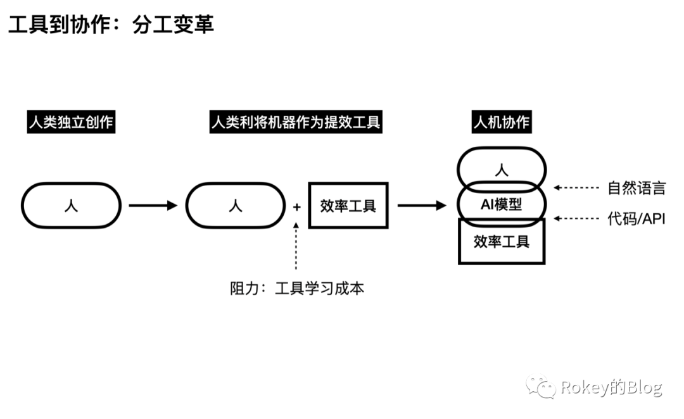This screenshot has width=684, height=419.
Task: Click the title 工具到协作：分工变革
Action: click(x=111, y=24)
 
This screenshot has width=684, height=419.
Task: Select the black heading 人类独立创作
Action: click(x=71, y=122)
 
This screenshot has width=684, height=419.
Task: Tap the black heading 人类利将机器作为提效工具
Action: click(x=295, y=122)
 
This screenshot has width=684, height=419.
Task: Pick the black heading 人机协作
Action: click(x=502, y=122)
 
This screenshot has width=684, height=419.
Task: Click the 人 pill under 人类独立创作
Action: click(x=71, y=206)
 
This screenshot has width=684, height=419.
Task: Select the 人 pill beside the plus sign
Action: click(x=234, y=206)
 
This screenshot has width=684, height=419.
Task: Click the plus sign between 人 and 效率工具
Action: click(x=296, y=206)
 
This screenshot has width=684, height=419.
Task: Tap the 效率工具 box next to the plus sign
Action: click(x=348, y=206)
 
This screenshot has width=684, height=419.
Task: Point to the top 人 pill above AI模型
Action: click(x=502, y=169)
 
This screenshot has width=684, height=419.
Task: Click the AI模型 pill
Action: click(x=502, y=205)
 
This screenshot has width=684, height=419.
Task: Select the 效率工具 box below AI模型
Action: click(x=502, y=241)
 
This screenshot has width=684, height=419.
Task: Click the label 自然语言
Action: click(x=636, y=187)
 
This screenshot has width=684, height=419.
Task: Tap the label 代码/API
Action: click(x=636, y=219)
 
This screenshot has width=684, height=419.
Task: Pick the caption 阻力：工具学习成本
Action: click(x=297, y=289)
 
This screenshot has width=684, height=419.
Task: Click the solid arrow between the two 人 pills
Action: click(x=153, y=206)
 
